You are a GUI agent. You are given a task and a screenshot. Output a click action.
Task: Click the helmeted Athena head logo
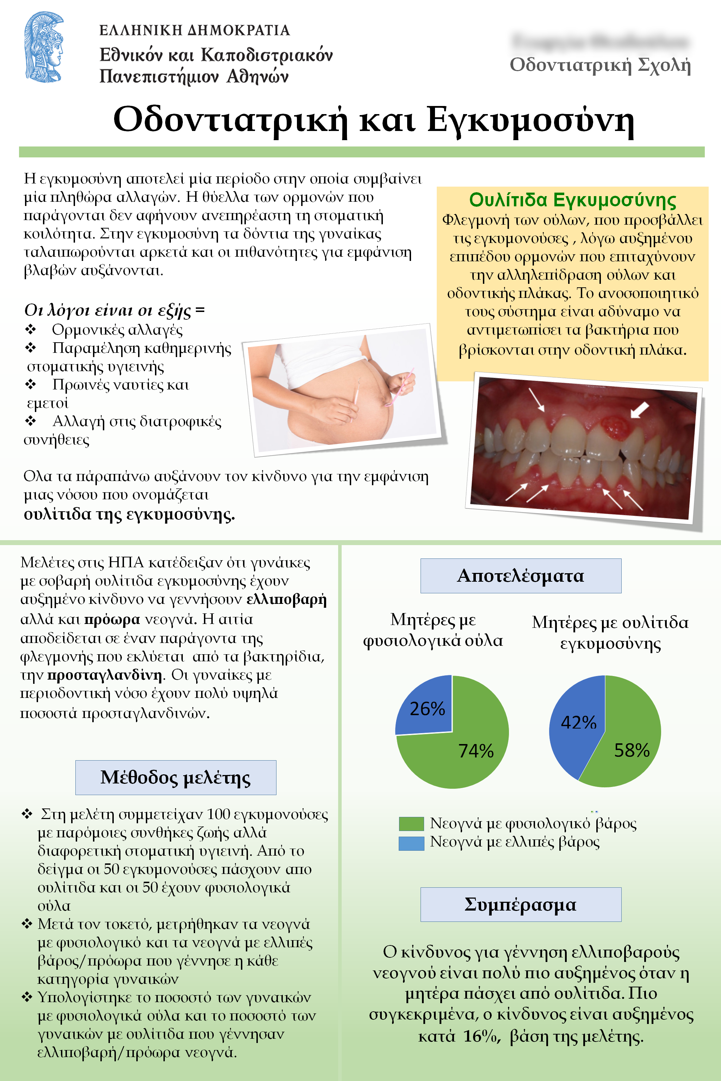44,47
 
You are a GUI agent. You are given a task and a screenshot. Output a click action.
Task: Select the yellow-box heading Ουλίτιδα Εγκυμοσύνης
572,200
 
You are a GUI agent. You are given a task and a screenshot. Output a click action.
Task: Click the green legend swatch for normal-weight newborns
411,824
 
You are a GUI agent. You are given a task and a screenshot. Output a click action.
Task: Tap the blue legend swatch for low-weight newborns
411,843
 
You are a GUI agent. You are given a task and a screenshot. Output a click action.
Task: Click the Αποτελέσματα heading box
521,575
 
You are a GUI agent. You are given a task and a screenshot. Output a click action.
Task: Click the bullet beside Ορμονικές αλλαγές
30,329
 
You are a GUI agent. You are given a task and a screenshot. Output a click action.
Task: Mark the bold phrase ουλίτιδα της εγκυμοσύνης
129,514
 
